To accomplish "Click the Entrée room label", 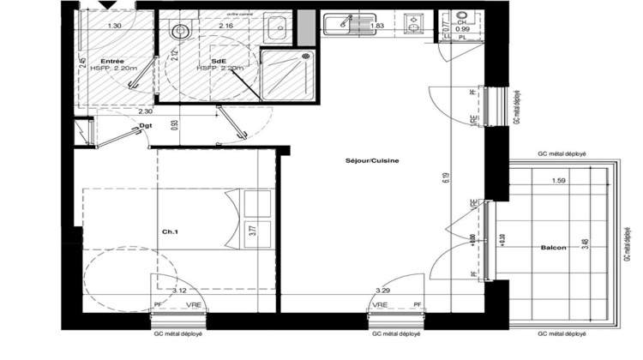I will [111, 62].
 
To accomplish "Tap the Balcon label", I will [554, 248].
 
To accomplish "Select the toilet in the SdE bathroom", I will [179, 33].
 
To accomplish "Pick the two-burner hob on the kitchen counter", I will [414, 26].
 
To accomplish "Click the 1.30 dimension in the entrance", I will [114, 26].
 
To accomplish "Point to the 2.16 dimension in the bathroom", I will [227, 27].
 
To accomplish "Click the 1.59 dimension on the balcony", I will [558, 181].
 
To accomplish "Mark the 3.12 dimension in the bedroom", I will [180, 291].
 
